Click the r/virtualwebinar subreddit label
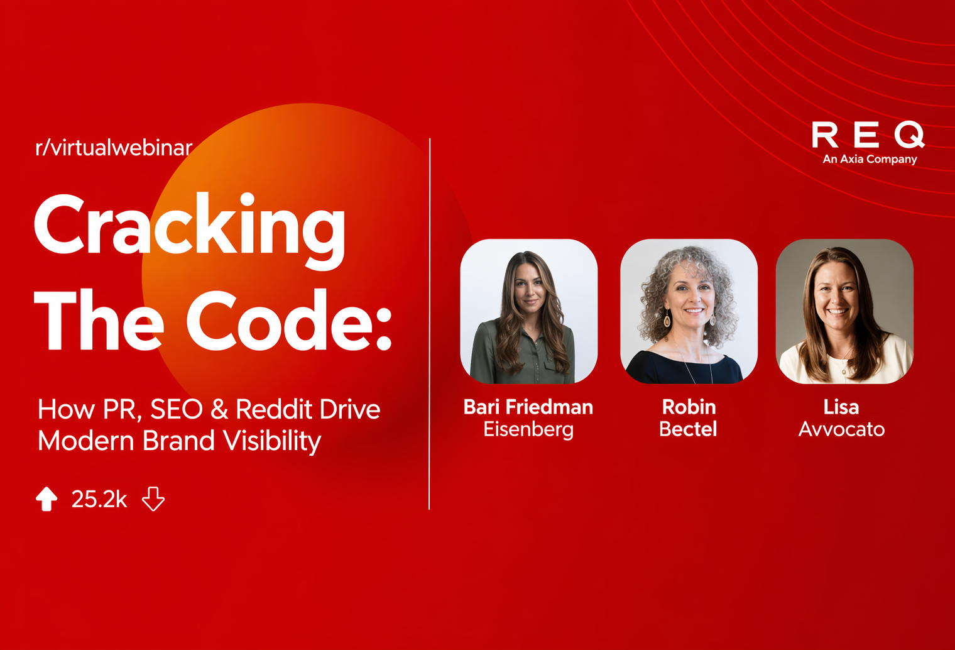coord(114,148)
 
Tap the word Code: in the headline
coord(289,322)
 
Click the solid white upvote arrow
coord(46,499)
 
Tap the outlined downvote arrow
coord(153,499)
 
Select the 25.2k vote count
coord(99,499)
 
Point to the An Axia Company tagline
coord(870,159)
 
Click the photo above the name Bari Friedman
coord(529,311)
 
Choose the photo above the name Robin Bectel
coord(689,311)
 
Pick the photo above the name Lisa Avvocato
coord(844,311)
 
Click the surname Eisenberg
coord(528,429)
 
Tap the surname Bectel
coord(688,429)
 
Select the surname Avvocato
coord(841,429)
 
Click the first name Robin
coord(689,407)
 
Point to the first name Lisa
coord(841,407)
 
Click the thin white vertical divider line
coord(430,324)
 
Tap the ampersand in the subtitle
coord(219,409)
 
